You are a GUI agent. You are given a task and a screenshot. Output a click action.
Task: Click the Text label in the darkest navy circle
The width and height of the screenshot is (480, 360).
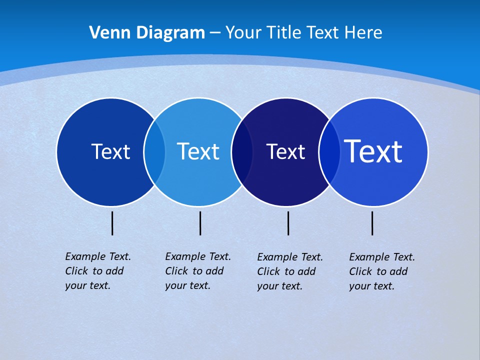click(x=285, y=152)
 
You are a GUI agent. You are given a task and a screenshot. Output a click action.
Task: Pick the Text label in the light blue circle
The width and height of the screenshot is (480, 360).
click(x=198, y=151)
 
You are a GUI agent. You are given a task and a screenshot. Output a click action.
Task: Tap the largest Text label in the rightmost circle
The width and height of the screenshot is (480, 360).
click(x=373, y=151)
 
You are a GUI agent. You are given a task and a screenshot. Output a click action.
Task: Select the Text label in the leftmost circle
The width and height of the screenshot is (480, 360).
click(x=110, y=151)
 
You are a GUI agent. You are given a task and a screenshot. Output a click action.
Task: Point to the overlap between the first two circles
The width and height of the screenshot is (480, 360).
click(x=154, y=152)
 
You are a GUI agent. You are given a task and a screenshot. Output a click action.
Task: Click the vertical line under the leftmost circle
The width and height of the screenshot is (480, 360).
click(x=112, y=223)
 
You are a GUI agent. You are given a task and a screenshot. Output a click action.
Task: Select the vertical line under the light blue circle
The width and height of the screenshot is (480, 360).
click(x=200, y=223)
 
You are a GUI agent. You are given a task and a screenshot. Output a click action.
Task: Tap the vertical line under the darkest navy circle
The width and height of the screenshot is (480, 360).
click(x=288, y=223)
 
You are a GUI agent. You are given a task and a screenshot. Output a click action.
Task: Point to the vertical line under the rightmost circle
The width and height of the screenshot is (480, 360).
click(x=372, y=223)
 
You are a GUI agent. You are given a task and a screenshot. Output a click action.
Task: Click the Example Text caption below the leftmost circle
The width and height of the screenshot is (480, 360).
click(x=98, y=271)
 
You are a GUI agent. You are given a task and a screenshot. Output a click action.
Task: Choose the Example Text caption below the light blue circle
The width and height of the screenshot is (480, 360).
click(x=198, y=271)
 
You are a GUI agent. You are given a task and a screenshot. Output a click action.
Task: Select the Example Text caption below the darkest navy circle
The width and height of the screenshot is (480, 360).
click(x=290, y=271)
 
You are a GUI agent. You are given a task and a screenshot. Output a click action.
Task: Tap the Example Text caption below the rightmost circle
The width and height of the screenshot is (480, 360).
click(x=382, y=271)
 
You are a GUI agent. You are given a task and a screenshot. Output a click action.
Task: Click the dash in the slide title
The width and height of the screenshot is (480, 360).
click(x=215, y=33)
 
